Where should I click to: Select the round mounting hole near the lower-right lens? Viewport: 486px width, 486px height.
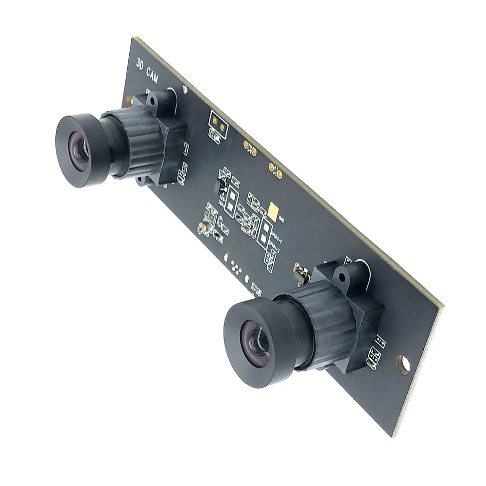403,364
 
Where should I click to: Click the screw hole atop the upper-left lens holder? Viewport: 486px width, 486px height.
152,103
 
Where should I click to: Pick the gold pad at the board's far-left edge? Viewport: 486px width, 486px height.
128,101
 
